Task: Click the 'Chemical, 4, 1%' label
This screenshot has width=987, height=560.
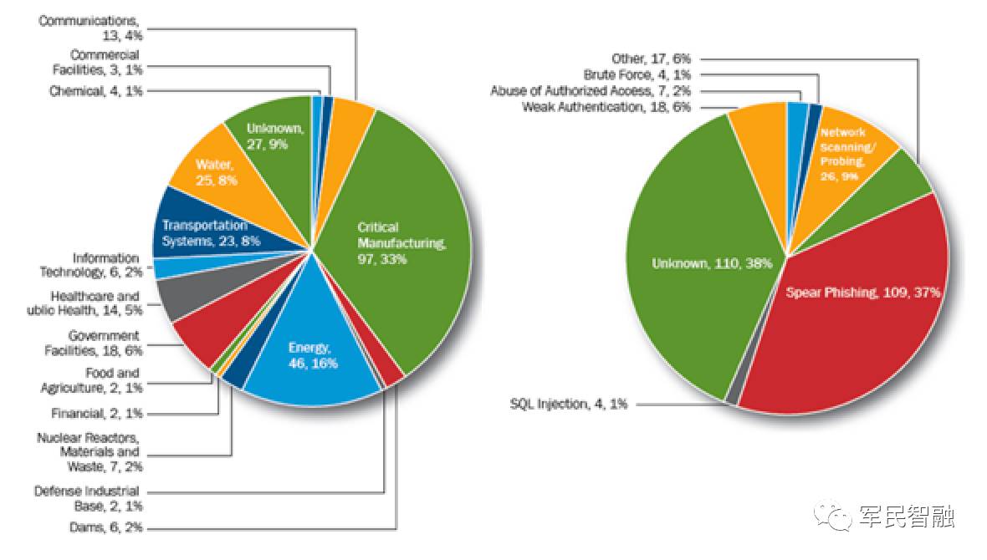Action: [96, 90]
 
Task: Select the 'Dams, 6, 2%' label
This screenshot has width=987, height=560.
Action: [105, 527]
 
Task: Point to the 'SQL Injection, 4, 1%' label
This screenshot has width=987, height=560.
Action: [569, 404]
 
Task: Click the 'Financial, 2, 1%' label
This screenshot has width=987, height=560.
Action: [96, 412]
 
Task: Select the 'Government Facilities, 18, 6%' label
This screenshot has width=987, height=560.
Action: [92, 343]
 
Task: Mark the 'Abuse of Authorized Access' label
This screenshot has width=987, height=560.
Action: [584, 91]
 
